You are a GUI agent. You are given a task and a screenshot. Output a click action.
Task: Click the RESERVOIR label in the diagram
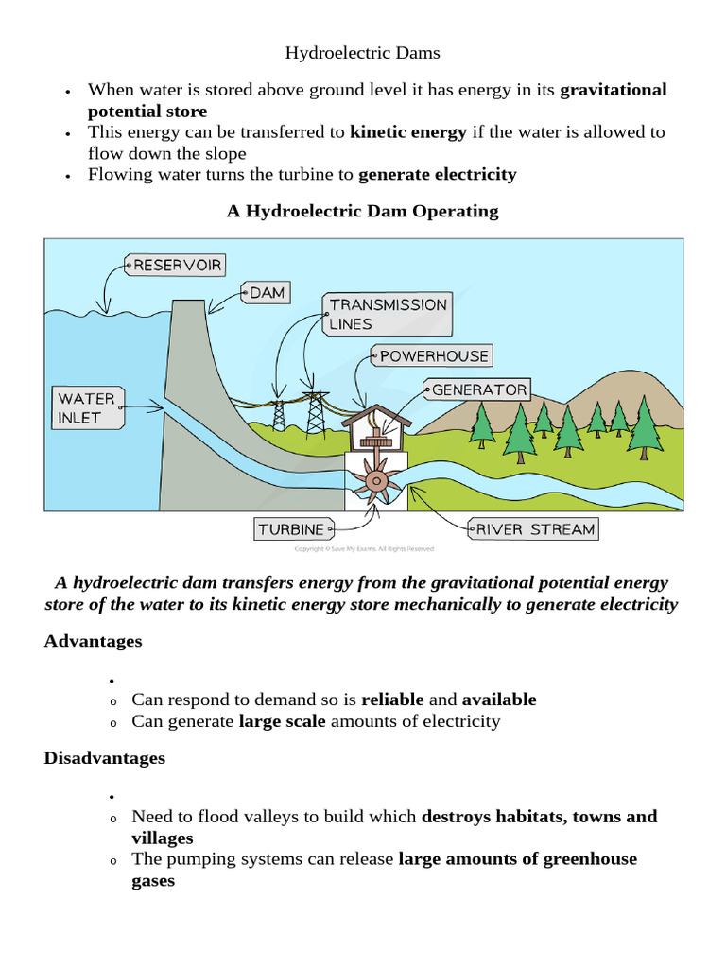coord(177,265)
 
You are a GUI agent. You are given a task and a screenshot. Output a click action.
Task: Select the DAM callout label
coord(267,293)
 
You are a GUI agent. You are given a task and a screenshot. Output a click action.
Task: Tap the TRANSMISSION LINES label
coord(387,314)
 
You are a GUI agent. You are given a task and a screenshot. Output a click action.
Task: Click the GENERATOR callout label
coord(478,389)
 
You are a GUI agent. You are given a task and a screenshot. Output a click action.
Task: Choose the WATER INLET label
coord(86,408)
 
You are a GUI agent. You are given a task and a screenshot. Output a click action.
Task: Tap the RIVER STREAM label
coord(534,529)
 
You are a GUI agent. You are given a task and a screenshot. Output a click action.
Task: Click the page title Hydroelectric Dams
coord(362,53)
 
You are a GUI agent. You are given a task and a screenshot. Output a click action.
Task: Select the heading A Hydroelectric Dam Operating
coord(362,211)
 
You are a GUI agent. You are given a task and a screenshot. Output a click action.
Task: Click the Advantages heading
coord(93,641)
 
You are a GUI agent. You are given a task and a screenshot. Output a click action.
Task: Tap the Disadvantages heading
coord(104,758)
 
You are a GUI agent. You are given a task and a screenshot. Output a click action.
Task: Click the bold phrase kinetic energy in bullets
coord(407,132)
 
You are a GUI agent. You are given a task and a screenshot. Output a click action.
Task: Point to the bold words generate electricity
coord(438,174)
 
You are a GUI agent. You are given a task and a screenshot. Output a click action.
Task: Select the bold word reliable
coord(392,700)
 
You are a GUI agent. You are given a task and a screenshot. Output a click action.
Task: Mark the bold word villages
coord(162,838)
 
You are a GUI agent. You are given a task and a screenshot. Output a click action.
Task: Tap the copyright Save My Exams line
coord(364,548)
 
